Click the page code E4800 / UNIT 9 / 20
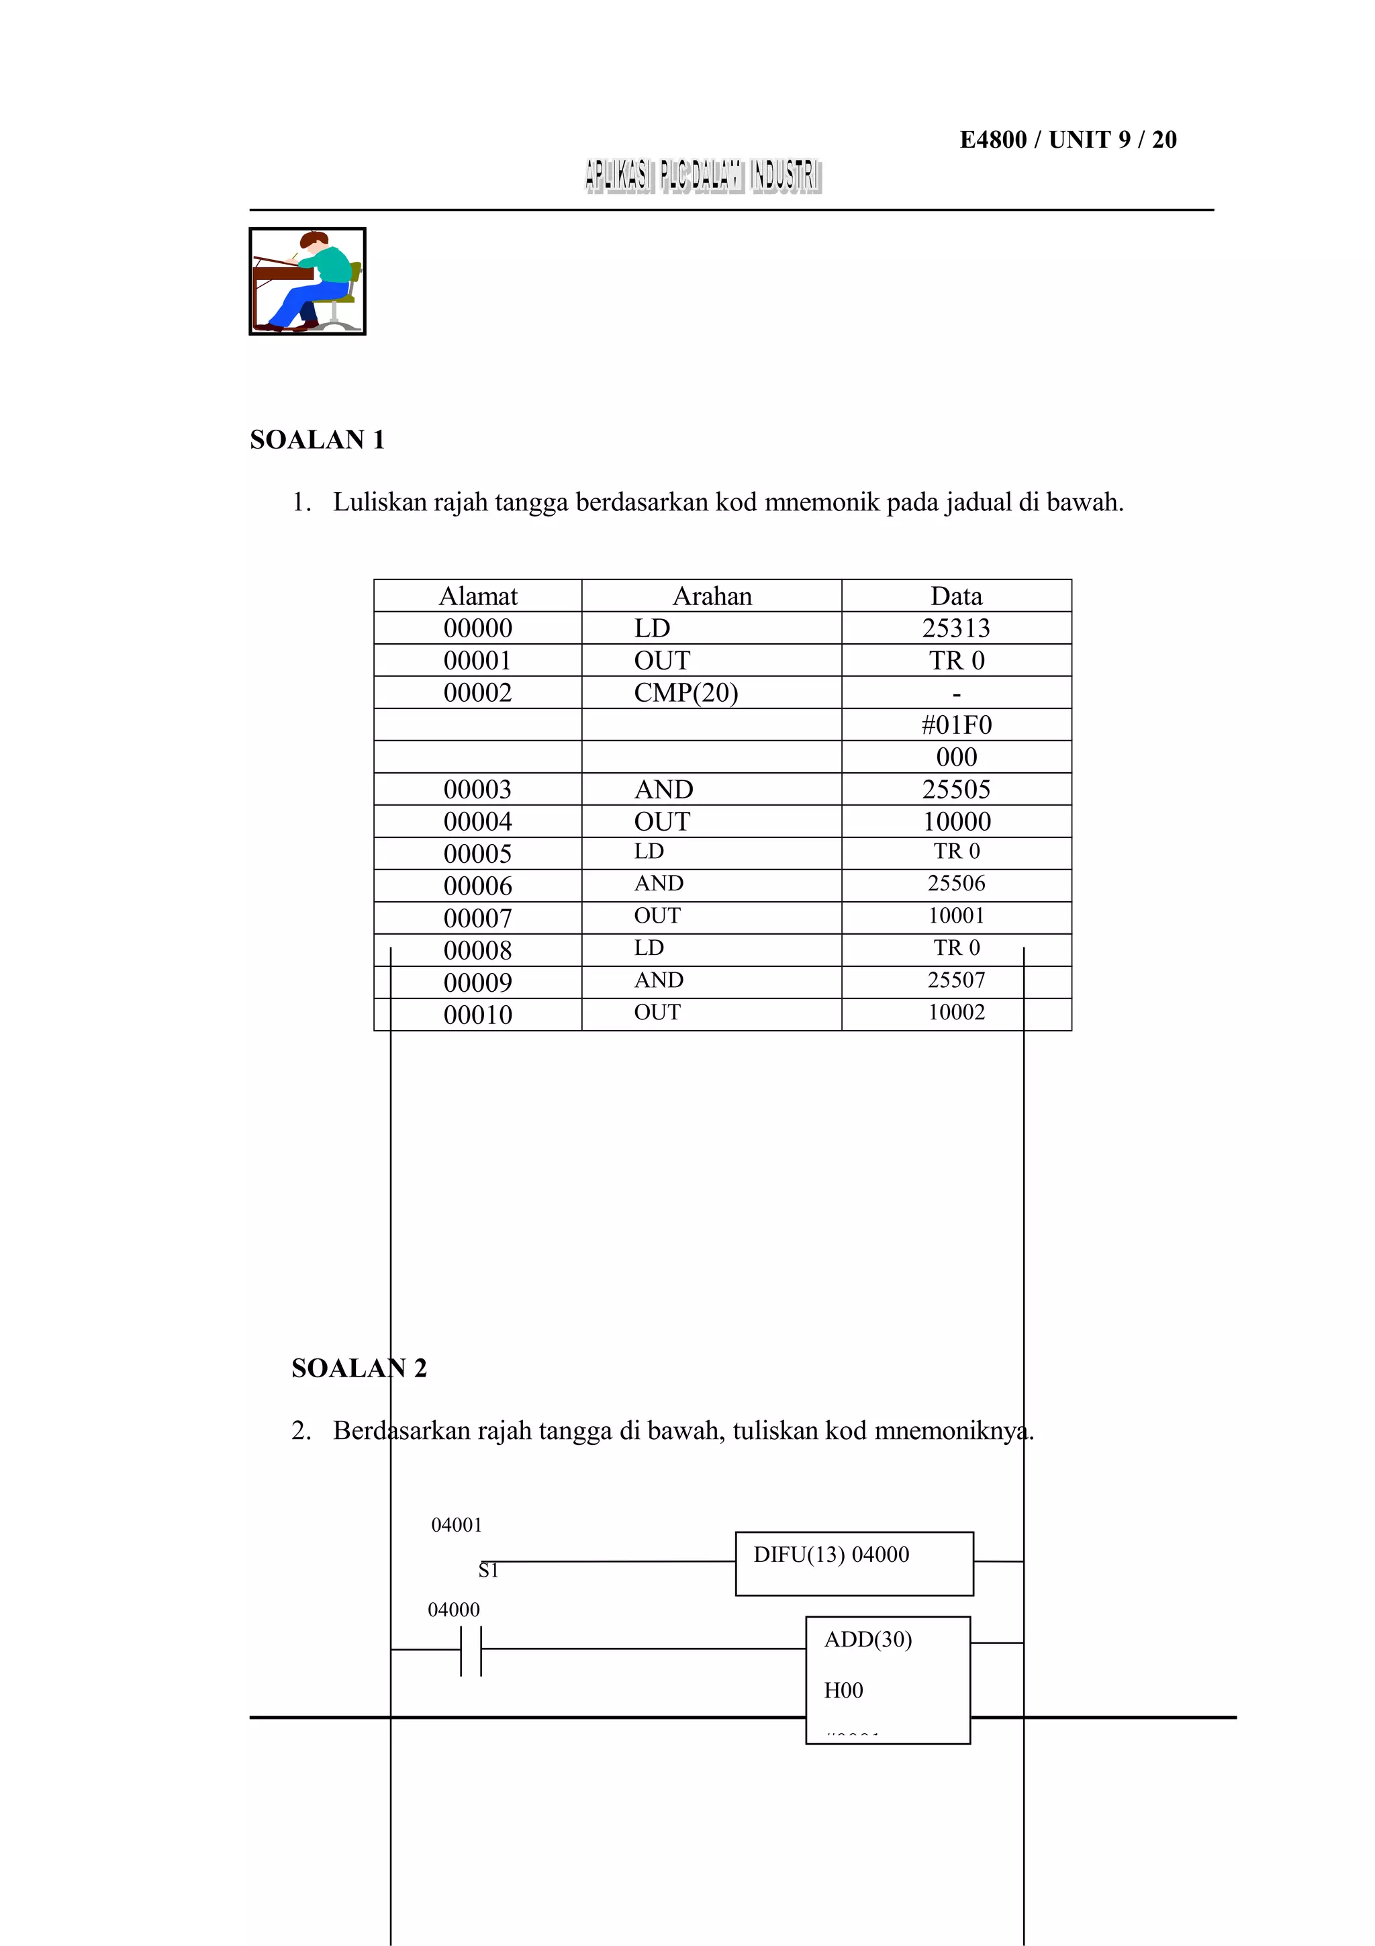pos(1067,139)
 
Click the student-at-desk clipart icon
pos(307,281)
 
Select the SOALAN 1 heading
pos(317,439)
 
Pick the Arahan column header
pos(712,596)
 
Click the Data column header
pos(955,596)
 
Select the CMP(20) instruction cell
pos(685,692)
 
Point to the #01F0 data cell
pos(955,725)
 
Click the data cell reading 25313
pos(955,628)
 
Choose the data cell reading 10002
pos(955,1012)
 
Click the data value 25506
pos(955,883)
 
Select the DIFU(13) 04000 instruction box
pos(853,1563)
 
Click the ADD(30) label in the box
pos(867,1639)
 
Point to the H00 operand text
pos(843,1690)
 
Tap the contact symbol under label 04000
pos(471,1649)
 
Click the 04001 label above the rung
pos(456,1525)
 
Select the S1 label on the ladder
pos(488,1571)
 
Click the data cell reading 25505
pos(955,789)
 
